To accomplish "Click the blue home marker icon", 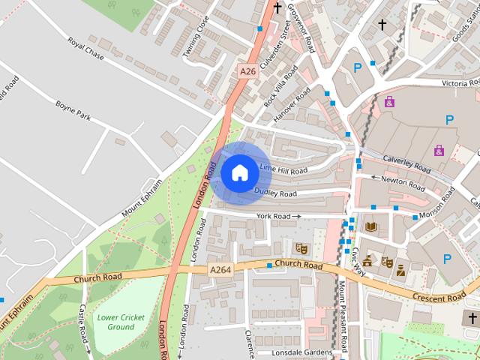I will coord(239,172).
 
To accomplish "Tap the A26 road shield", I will coord(247,71).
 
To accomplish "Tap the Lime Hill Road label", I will coord(283,169).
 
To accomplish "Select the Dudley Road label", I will coord(275,193).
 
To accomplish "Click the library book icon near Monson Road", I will coord(370,226).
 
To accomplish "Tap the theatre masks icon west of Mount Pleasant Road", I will coord(302,247).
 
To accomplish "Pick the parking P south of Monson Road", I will coord(448,259).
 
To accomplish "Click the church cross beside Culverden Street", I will coord(277,8).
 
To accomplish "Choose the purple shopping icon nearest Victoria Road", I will coord(389,102).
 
